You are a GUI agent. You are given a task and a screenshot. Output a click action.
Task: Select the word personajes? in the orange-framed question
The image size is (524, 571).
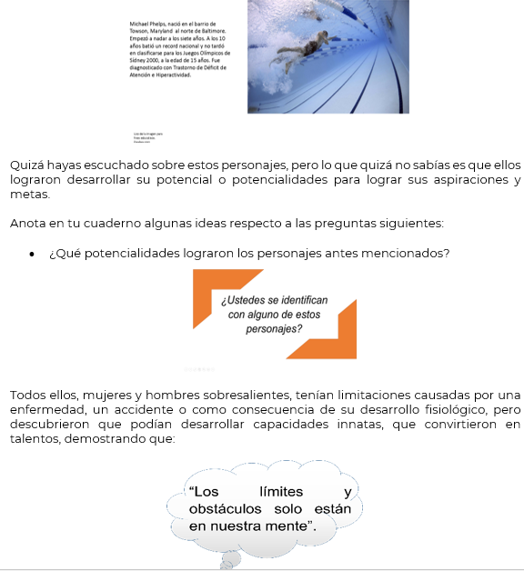click(x=274, y=328)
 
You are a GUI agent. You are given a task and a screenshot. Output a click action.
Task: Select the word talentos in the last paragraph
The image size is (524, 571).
click(x=35, y=438)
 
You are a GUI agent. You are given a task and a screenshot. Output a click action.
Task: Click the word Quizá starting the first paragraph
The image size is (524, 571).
click(x=26, y=165)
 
